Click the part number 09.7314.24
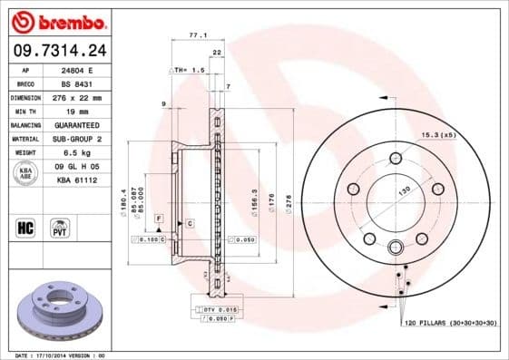(55, 51)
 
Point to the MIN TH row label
(24, 111)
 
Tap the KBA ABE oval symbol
(25, 173)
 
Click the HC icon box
(25, 227)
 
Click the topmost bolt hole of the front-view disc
(395, 159)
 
